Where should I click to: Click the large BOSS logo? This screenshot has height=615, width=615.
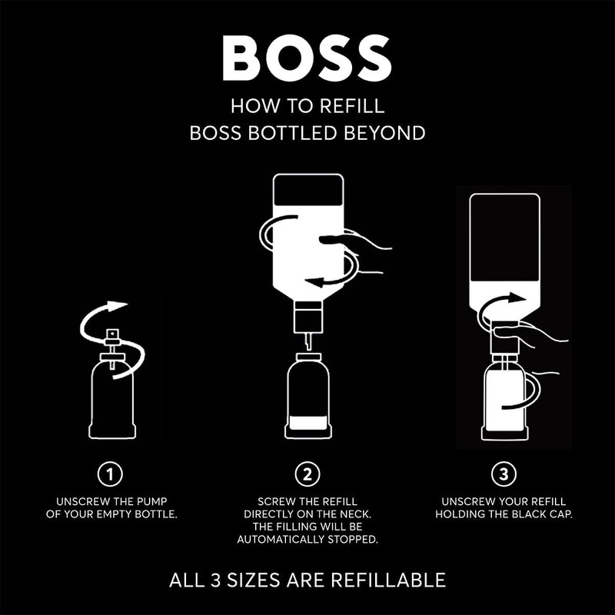pos(307,58)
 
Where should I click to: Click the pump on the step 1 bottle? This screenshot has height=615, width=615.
pos(112,343)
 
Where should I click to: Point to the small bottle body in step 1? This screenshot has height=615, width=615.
pos(112,400)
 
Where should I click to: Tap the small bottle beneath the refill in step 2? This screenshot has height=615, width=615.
pos(307,396)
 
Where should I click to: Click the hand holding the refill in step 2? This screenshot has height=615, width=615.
pos(365,250)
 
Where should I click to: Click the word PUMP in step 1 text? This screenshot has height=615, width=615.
pos(164,500)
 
